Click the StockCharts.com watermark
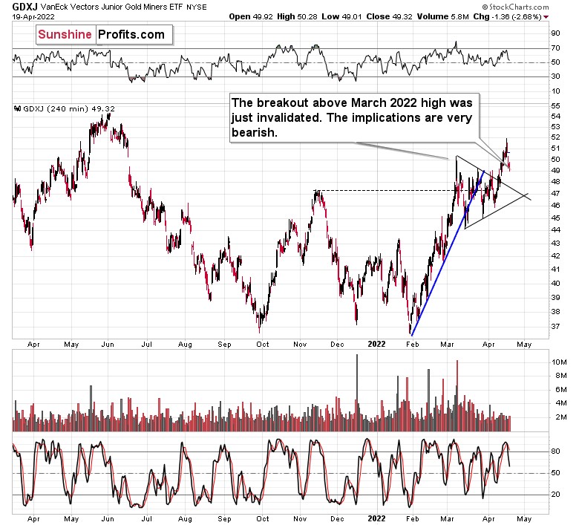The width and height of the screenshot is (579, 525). click(529, 16)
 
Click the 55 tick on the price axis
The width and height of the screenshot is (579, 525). click(555, 106)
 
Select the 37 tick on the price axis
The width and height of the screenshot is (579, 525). click(555, 326)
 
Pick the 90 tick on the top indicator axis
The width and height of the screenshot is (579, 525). click(555, 33)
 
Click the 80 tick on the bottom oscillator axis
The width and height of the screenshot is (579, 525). click(555, 450)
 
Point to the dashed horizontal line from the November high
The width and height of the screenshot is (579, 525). click(386, 191)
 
